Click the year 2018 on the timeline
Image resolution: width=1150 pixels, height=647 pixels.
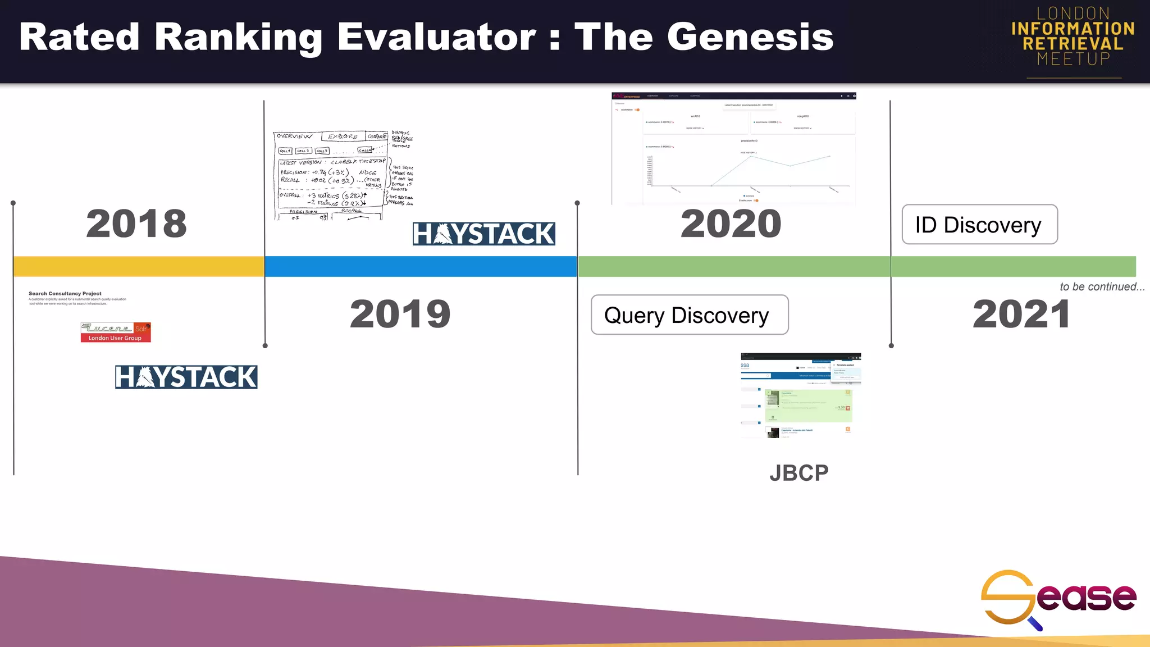tap(136, 224)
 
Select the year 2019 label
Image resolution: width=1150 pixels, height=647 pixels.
tap(400, 314)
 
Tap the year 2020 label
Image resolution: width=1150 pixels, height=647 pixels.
tap(731, 224)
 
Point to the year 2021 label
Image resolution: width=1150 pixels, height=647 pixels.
tap(1021, 314)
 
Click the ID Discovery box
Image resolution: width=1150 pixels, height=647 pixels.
tap(979, 225)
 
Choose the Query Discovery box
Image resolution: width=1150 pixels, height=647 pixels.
tap(689, 315)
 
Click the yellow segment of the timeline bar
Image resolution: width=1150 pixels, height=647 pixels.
tap(139, 266)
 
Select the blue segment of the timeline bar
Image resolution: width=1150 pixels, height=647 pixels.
tap(421, 266)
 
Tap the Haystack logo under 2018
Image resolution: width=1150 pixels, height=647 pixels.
tap(186, 377)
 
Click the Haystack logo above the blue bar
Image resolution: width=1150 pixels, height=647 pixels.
tap(483, 234)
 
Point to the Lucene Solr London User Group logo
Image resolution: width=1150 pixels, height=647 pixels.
tap(115, 332)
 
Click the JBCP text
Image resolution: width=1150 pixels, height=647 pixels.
tap(798, 473)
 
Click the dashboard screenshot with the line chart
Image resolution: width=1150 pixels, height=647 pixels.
tap(733, 149)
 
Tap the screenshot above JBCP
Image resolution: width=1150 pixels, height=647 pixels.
tap(800, 395)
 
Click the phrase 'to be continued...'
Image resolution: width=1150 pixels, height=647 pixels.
tap(1101, 286)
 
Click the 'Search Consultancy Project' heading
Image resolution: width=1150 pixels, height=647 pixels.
tap(65, 293)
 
